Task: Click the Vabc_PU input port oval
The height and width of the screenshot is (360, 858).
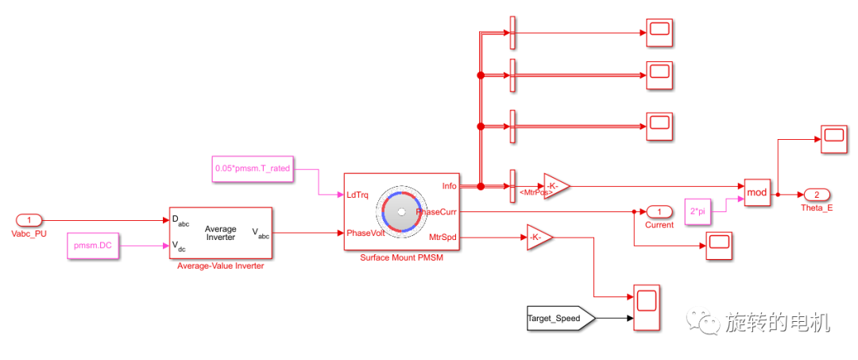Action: point(29,220)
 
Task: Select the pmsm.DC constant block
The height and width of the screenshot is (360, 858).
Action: point(93,246)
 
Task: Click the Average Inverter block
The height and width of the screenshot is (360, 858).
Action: point(220,233)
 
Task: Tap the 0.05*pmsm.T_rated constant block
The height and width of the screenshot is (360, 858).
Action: point(252,168)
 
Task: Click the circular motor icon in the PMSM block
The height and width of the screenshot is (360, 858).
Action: point(401,211)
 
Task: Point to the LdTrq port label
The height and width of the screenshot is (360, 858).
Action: point(357,195)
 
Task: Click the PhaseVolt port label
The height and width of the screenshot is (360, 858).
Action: point(365,233)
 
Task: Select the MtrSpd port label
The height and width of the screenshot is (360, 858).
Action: point(443,236)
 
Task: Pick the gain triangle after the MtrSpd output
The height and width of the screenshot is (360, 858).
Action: point(538,237)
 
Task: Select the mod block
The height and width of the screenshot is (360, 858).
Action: point(758,193)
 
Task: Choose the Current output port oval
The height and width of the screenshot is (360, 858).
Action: point(659,211)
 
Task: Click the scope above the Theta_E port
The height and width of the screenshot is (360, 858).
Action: point(834,138)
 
